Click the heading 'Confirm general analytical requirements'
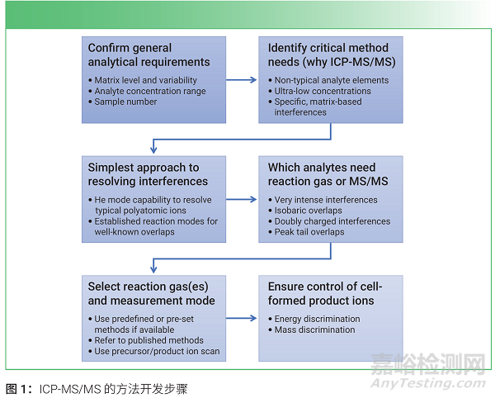pyautogui.click(x=148, y=54)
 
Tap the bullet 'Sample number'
pyautogui.click(x=120, y=102)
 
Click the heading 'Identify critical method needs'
pyautogui.click(x=328, y=54)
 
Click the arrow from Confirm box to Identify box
pyautogui.click(x=242, y=80)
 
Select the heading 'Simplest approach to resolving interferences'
pyautogui.click(x=144, y=174)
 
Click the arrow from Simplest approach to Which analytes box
pyautogui.click(x=242, y=199)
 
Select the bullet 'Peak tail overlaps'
pyautogui.click(x=309, y=232)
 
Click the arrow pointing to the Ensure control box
pyautogui.click(x=242, y=318)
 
